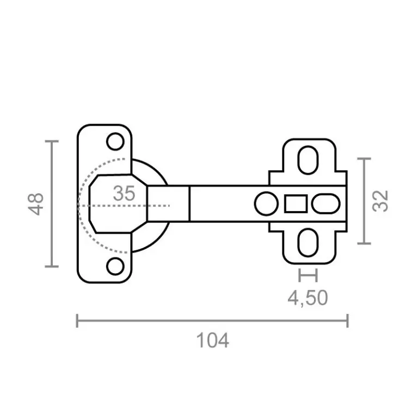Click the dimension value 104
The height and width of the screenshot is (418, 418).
click(212, 341)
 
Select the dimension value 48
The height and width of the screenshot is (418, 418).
click(36, 204)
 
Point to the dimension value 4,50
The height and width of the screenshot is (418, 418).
click(308, 298)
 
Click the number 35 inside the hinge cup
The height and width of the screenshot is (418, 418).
click(124, 193)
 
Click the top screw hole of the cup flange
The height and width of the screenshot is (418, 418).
click(115, 142)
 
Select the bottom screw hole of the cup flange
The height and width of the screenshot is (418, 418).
click(115, 267)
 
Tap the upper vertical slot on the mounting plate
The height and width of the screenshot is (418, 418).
click(308, 160)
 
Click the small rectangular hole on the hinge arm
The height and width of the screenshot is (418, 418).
click(296, 204)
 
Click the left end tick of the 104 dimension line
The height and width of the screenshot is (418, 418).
click(77, 321)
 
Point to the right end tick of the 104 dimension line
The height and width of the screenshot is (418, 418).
click(347, 321)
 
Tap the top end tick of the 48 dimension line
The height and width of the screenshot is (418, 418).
click(51, 141)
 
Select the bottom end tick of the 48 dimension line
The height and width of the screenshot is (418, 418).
click(51, 266)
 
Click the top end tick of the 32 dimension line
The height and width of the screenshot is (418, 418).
click(364, 159)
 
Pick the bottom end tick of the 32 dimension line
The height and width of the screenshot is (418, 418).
click(364, 243)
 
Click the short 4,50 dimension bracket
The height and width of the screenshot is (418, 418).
click(308, 275)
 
